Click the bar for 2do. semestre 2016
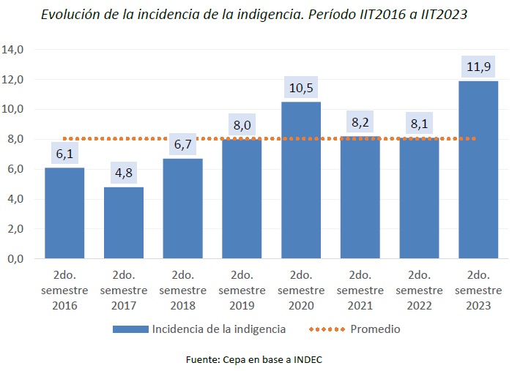pyautogui.click(x=64, y=213)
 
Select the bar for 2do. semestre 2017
pyautogui.click(x=124, y=222)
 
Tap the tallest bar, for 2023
pyautogui.click(x=478, y=170)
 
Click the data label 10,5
pyautogui.click(x=301, y=89)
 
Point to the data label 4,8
pyautogui.click(x=124, y=174)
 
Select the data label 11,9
pyautogui.click(x=478, y=68)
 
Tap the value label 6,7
pyautogui.click(x=183, y=146)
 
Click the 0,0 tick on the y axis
pyautogui.click(x=15, y=259)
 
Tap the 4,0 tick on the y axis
pyautogui.click(x=15, y=199)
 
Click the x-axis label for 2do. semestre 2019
pyautogui.click(x=242, y=290)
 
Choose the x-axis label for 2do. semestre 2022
pyautogui.click(x=419, y=290)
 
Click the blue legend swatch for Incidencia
pyautogui.click(x=130, y=329)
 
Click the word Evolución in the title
pyautogui.click(x=72, y=14)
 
